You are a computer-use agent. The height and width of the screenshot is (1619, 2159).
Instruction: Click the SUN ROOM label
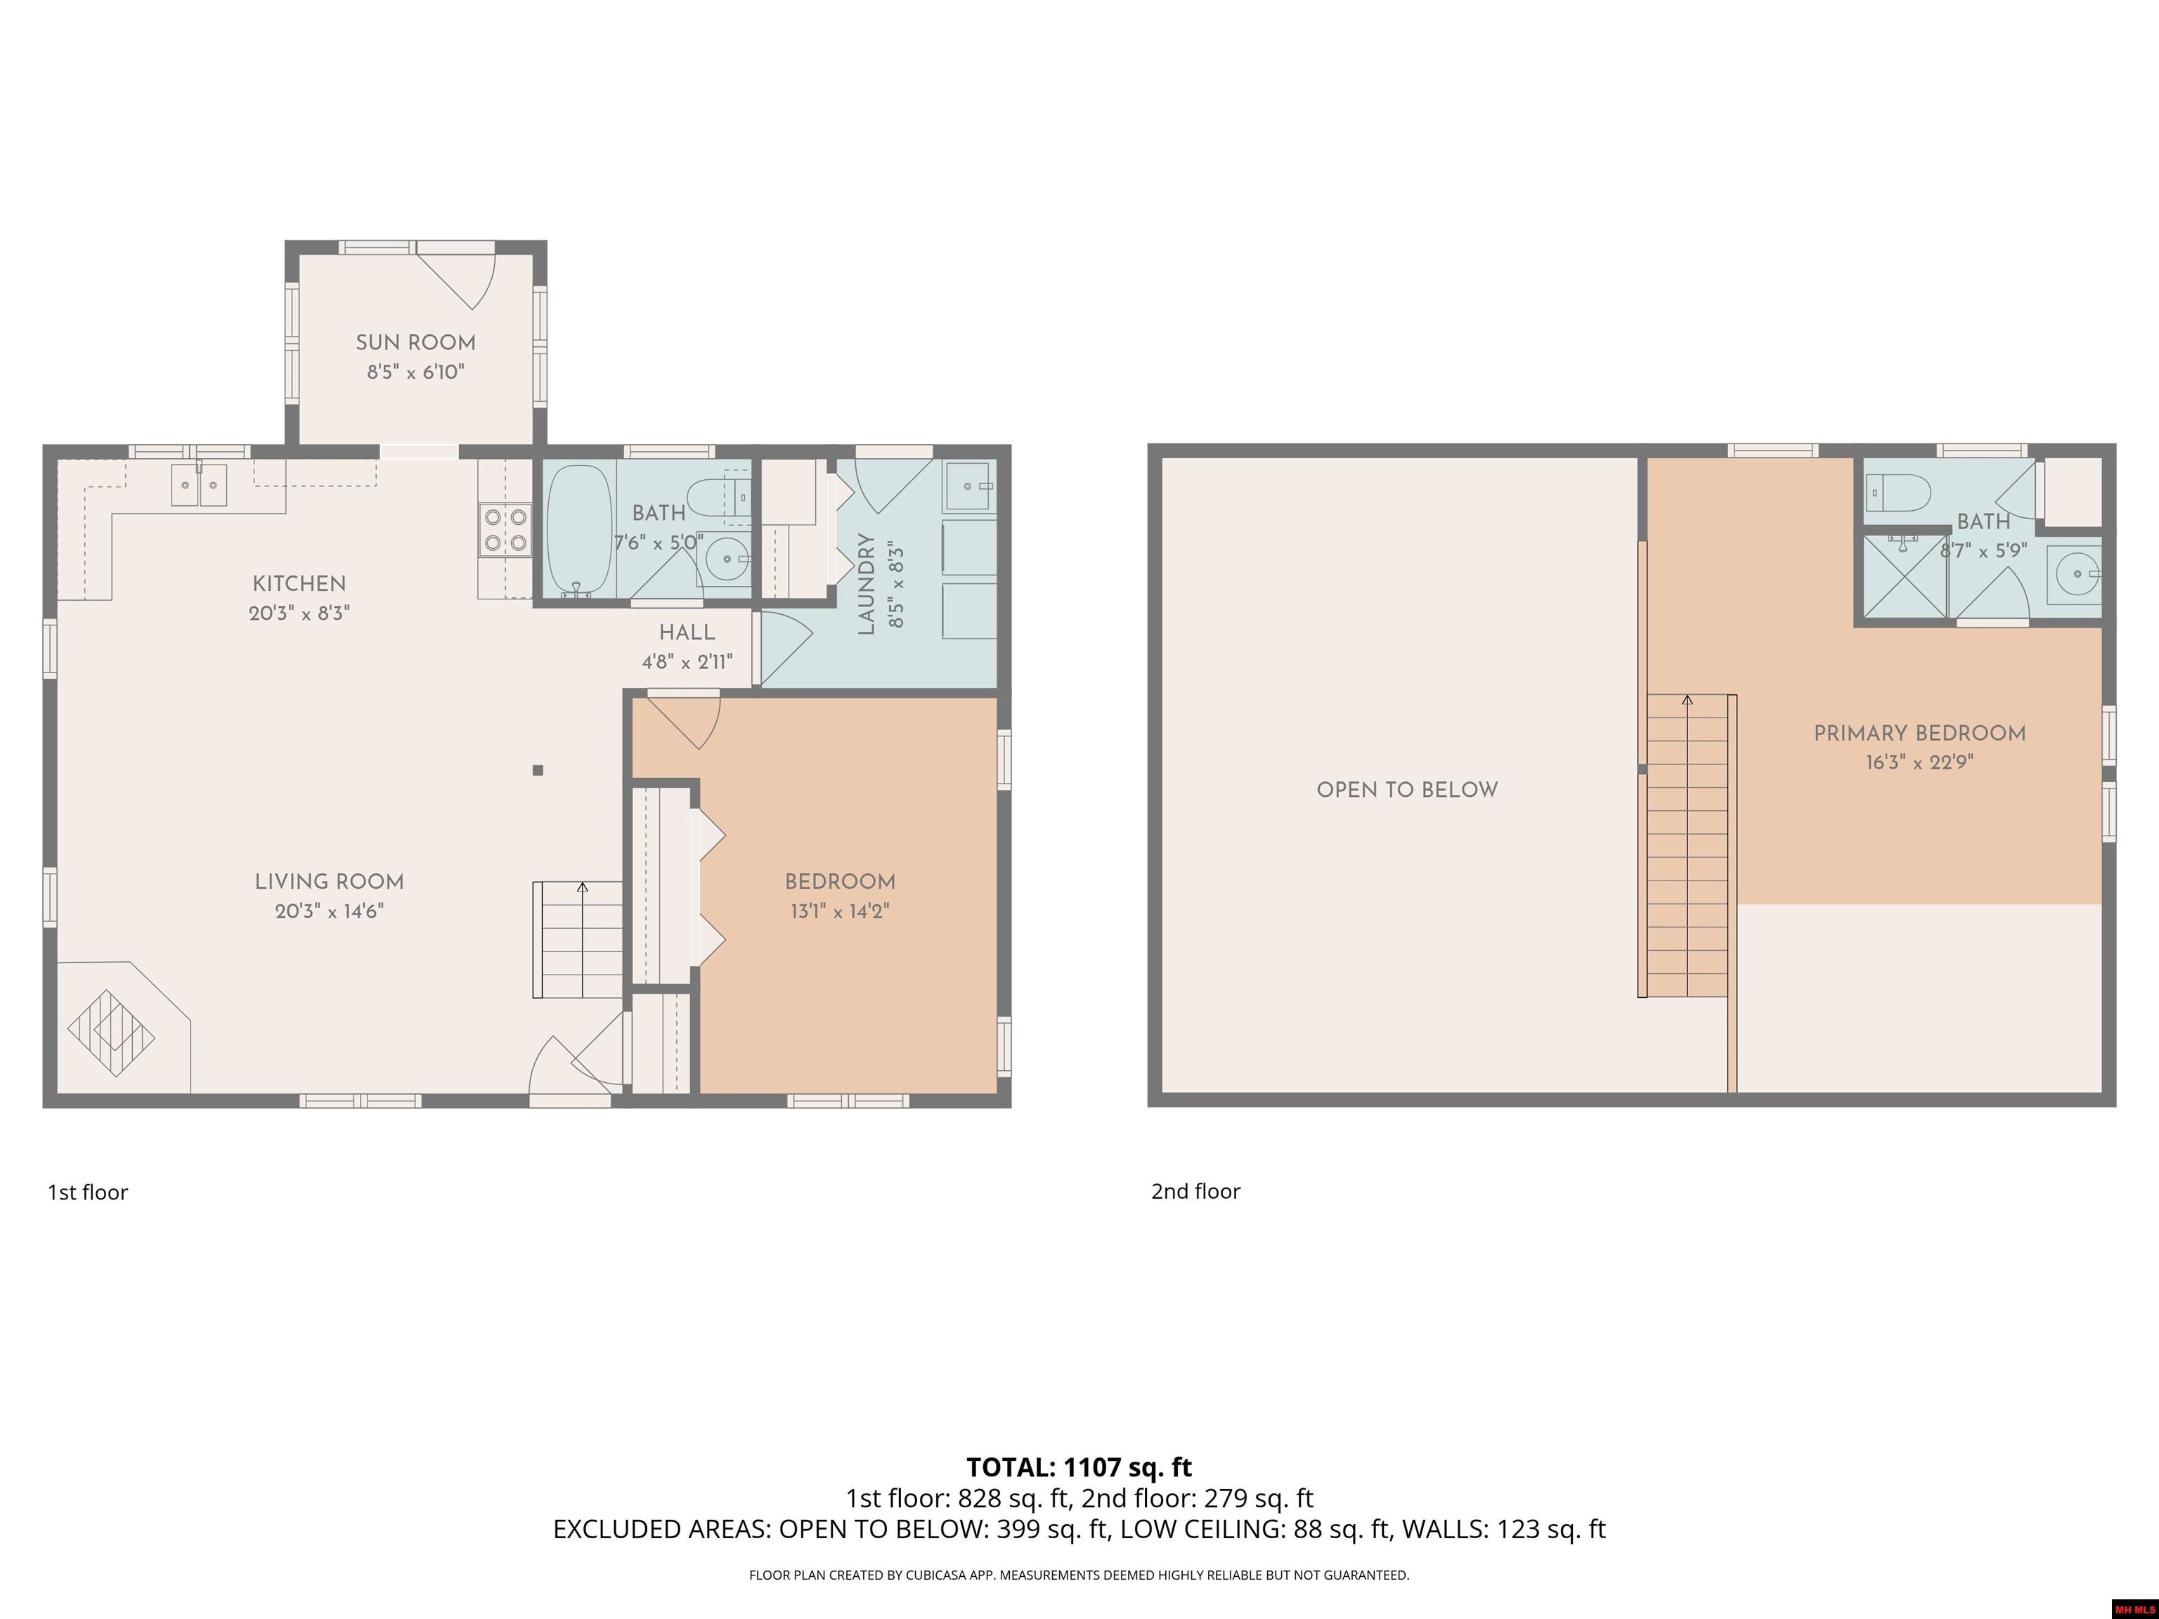416,342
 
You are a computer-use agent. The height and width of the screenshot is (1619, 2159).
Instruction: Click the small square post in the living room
538,770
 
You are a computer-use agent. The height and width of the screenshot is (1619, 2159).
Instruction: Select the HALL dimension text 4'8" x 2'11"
687,663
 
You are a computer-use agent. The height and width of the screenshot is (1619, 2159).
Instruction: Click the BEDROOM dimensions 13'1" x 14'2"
841,911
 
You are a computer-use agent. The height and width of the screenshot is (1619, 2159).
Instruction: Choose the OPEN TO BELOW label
1408,790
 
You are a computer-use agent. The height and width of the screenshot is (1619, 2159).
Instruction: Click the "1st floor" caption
88,1192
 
